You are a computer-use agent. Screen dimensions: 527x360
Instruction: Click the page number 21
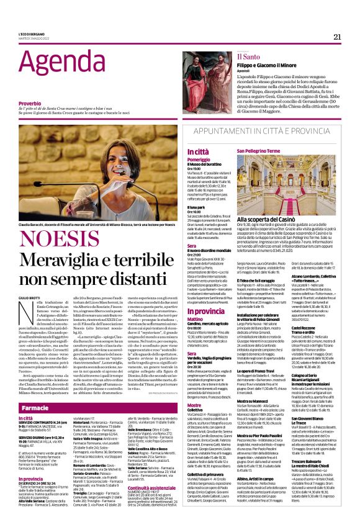coord(338,37)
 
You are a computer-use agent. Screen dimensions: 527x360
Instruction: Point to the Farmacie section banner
coord(35,408)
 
